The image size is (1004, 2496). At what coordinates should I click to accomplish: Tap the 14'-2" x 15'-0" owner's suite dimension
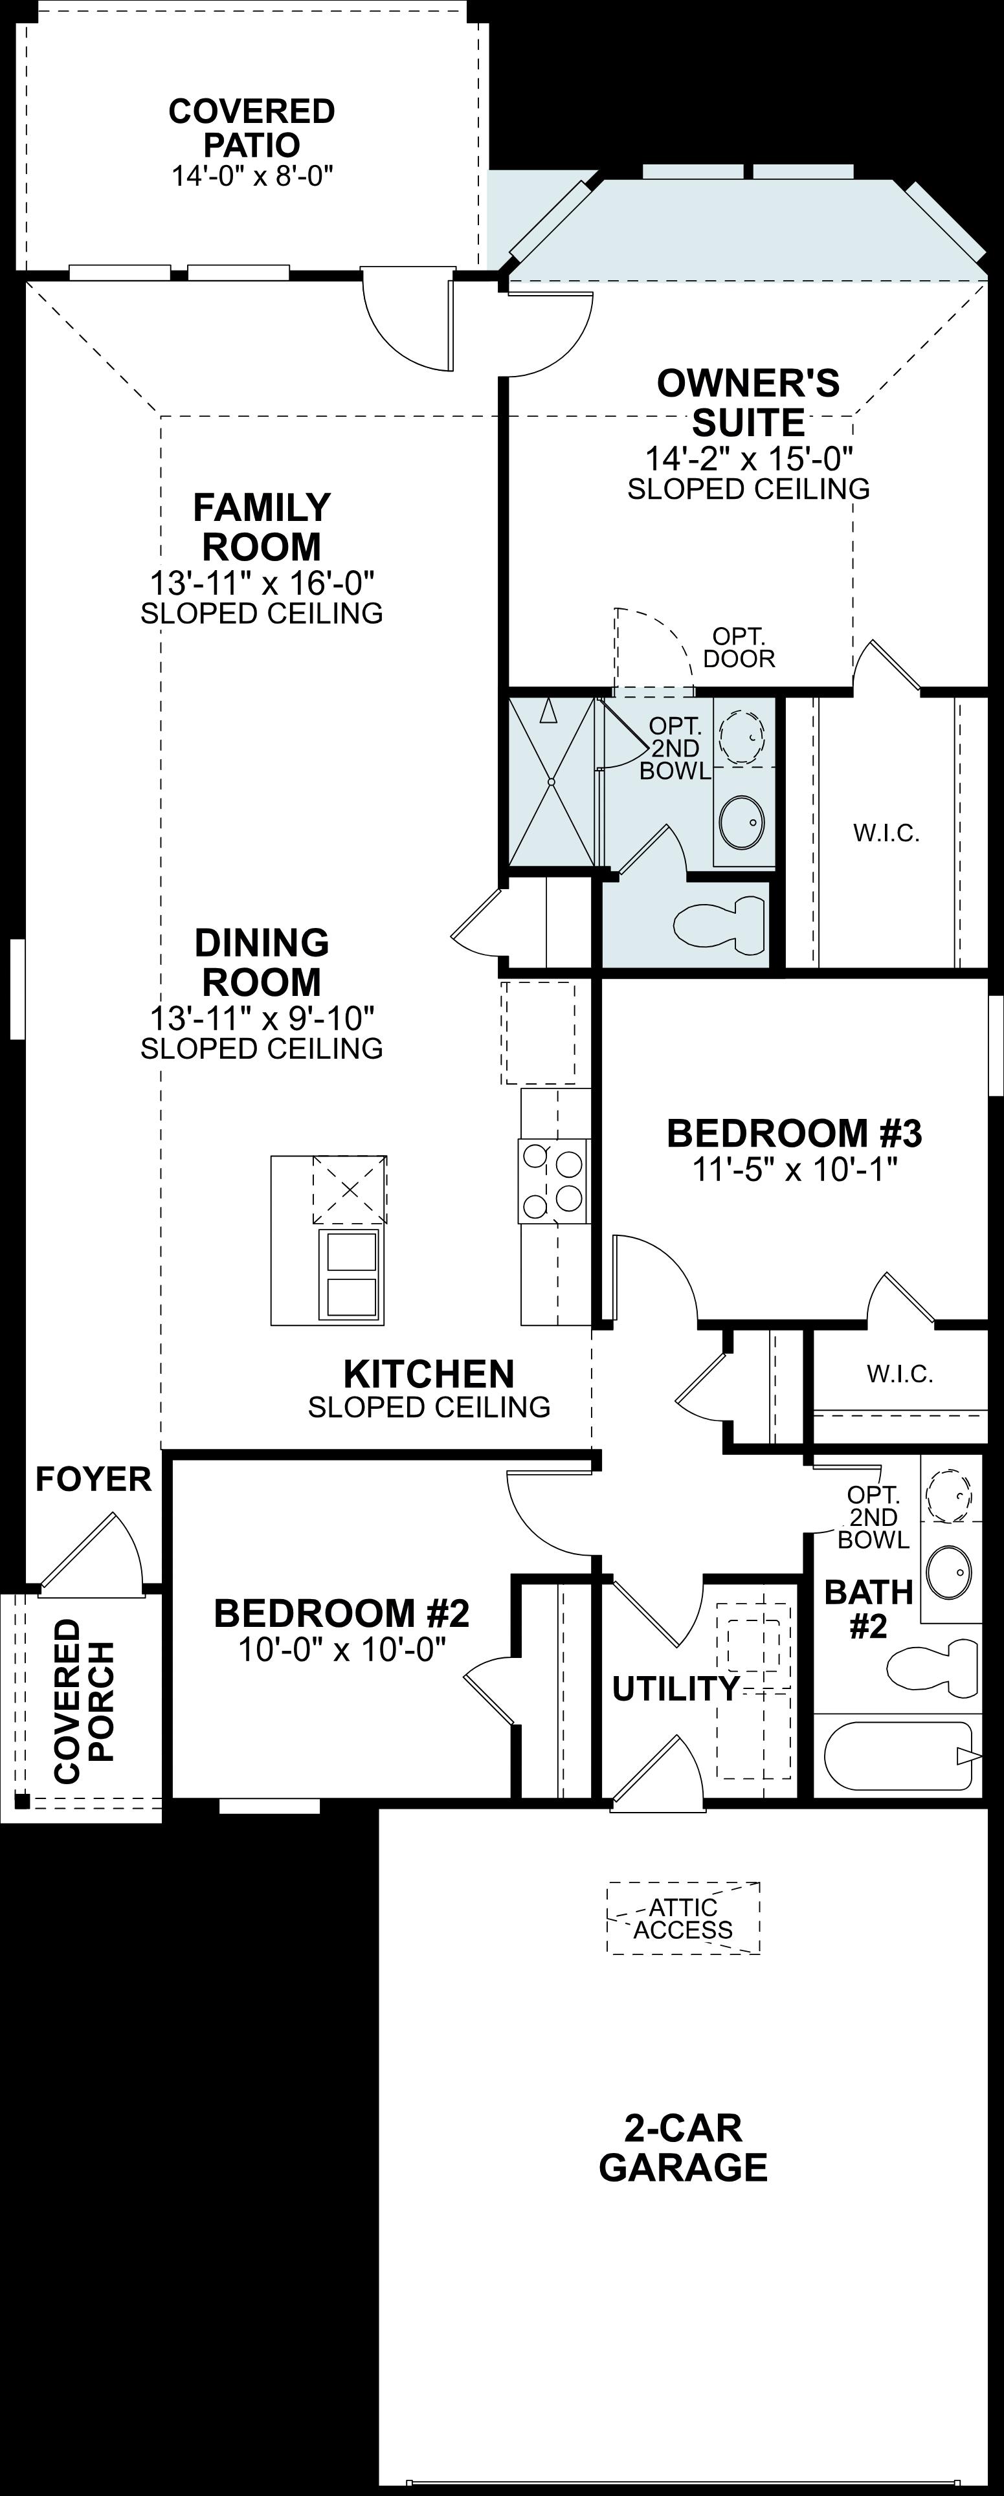[748, 458]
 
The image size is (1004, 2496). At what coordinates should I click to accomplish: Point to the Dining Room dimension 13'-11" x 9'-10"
[262, 1019]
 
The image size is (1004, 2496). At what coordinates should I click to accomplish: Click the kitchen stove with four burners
[554, 1181]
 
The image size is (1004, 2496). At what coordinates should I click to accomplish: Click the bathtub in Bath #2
[897, 1755]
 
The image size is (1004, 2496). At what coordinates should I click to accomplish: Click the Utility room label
[675, 1689]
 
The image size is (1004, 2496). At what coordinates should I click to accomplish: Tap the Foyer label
[94, 1479]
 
